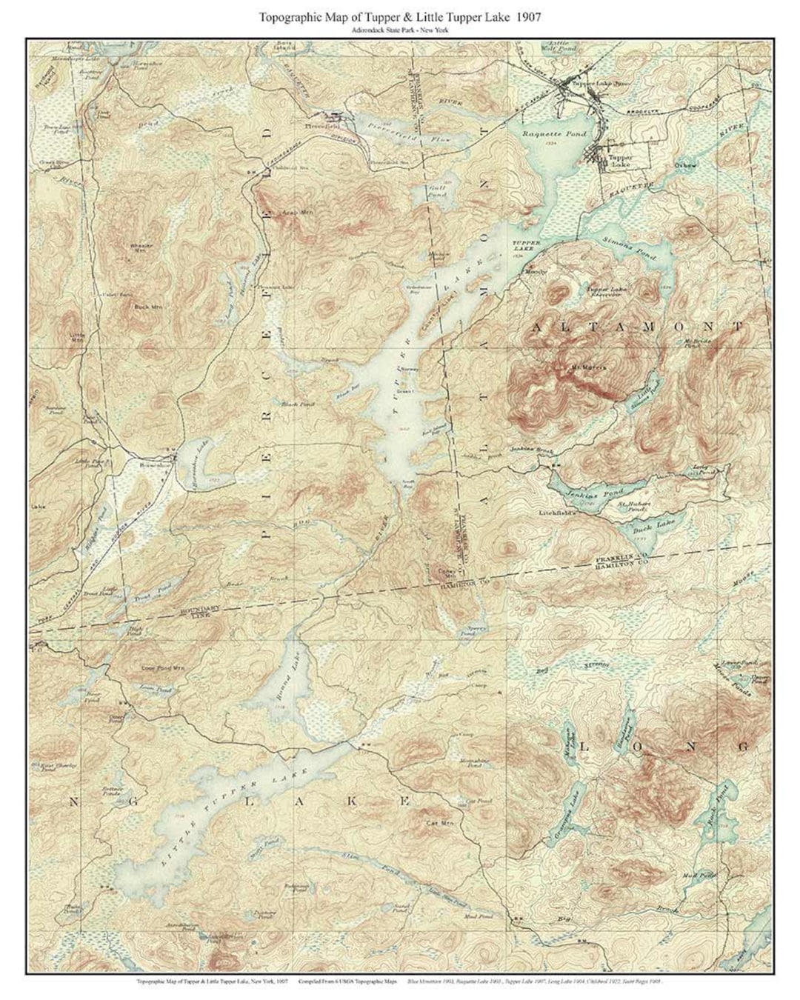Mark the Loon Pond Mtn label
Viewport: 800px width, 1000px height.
pyautogui.click(x=161, y=667)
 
